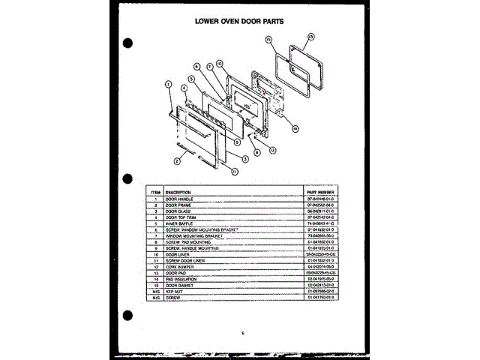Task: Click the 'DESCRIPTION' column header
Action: tap(178, 193)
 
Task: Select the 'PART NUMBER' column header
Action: tap(319, 193)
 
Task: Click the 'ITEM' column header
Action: tap(154, 193)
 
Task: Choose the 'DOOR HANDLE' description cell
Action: tap(180, 199)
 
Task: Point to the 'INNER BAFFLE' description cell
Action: tap(180, 223)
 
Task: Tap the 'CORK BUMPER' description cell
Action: tap(180, 266)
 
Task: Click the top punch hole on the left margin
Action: tap(128, 43)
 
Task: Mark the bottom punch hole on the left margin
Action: tap(128, 317)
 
